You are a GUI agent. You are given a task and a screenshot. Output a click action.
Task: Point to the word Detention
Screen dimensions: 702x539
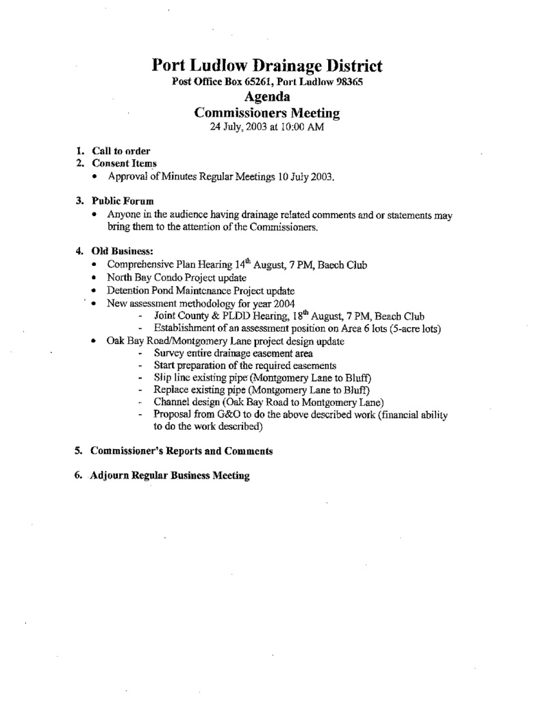[129, 291]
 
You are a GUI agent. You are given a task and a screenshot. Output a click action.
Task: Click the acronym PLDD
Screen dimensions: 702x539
[250, 317]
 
